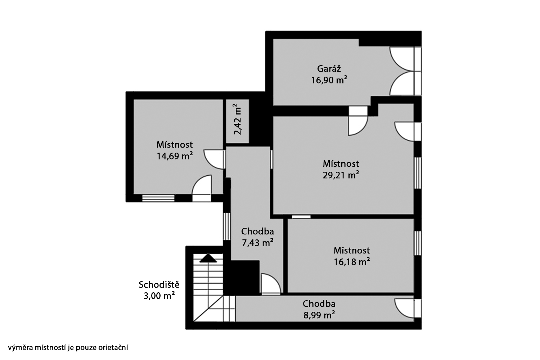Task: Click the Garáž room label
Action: click(329, 69)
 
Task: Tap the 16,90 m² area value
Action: click(329, 80)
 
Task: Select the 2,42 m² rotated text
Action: click(238, 119)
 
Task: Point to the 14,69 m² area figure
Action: click(175, 156)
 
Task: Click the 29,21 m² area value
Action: click(341, 175)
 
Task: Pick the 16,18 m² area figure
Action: click(352, 262)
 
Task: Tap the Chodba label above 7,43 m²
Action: click(257, 231)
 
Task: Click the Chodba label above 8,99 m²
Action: click(319, 303)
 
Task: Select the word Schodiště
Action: click(159, 284)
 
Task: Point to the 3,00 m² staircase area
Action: click(159, 296)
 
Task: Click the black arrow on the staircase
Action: click(208, 258)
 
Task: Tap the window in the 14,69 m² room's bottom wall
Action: click(158, 198)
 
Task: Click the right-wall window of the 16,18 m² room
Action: click(418, 243)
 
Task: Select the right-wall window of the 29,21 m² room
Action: click(418, 173)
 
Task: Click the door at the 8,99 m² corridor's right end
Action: click(408, 308)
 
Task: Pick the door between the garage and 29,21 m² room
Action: click(358, 121)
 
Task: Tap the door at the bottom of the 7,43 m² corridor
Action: click(271, 284)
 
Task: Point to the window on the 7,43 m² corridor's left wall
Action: click(227, 226)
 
